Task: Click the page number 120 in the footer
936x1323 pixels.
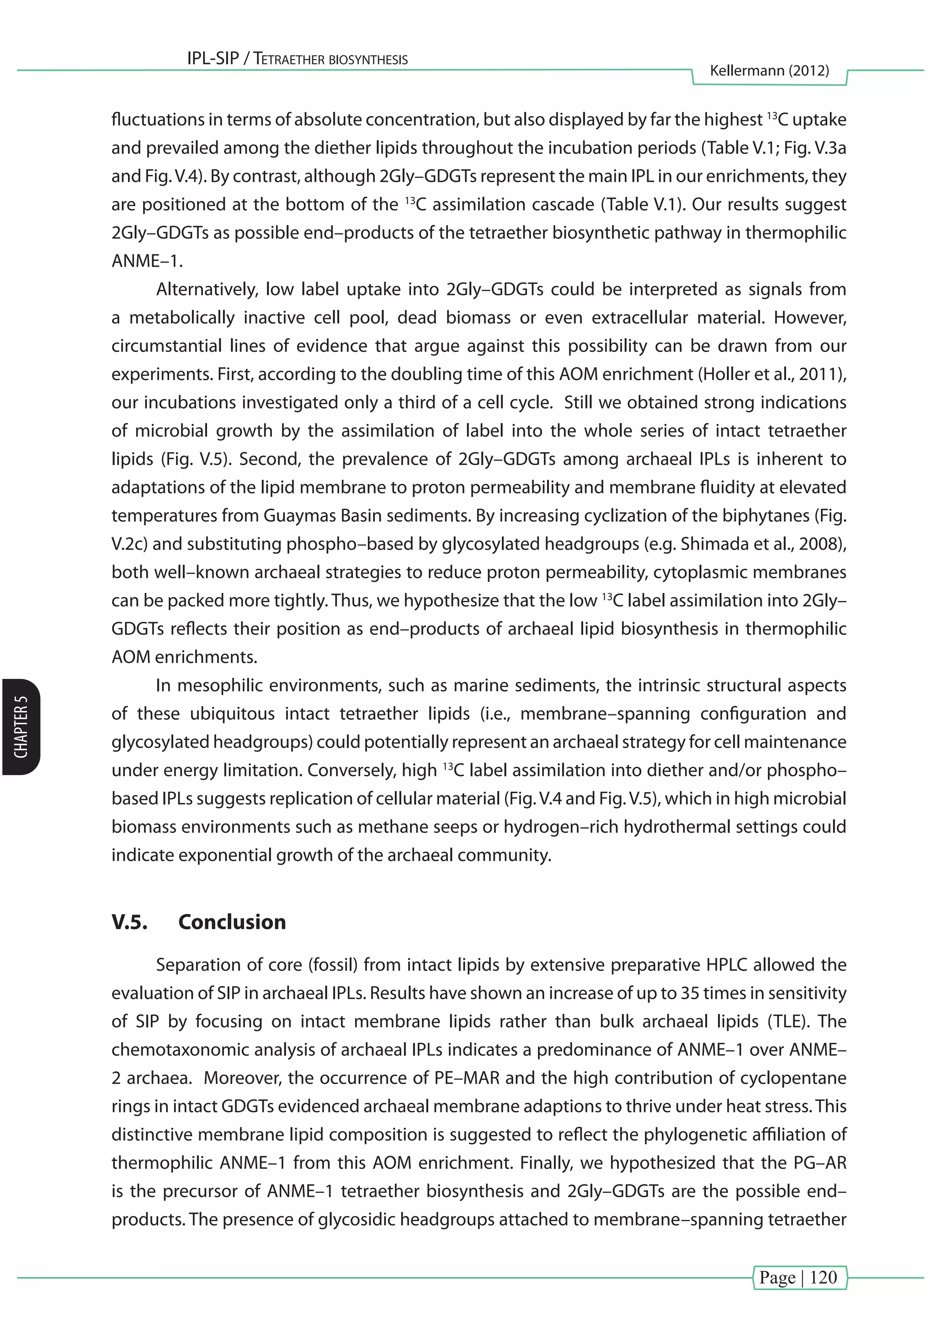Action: tap(823, 1277)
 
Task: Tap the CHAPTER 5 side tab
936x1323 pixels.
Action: tap(21, 727)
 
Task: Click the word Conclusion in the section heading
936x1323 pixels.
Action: tap(232, 922)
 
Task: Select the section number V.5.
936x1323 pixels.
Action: tap(129, 922)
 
